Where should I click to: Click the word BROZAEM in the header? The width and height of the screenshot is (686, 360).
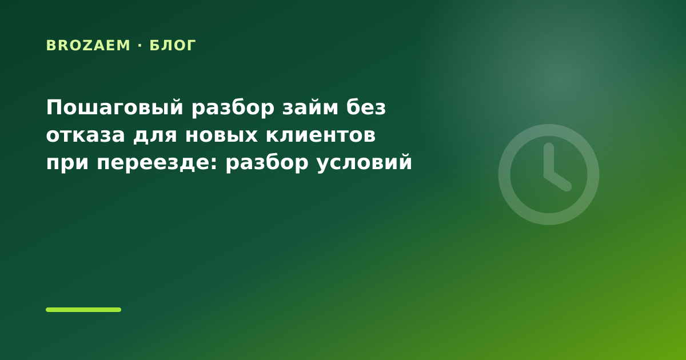[88, 46]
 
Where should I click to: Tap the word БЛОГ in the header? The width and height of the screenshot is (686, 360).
[173, 46]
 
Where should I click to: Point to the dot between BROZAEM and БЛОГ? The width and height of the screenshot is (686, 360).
[140, 46]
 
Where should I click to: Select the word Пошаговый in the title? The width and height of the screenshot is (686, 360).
[115, 108]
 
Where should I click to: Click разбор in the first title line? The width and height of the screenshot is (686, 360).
[233, 108]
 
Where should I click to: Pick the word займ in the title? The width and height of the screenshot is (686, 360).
[310, 107]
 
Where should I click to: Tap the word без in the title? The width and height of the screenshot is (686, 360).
[366, 107]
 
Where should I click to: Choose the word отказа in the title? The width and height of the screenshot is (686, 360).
[85, 135]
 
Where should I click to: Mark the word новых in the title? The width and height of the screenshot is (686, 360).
[221, 135]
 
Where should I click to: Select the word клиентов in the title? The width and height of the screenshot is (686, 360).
[321, 135]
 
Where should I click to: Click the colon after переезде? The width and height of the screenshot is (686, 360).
[214, 162]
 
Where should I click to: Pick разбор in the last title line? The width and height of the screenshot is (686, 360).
[267, 162]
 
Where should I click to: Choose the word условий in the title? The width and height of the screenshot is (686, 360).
[365, 162]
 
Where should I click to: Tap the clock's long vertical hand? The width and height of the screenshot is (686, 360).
[549, 160]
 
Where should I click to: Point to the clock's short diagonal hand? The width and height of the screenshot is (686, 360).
[558, 181]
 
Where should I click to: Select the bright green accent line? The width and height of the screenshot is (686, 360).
[83, 310]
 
